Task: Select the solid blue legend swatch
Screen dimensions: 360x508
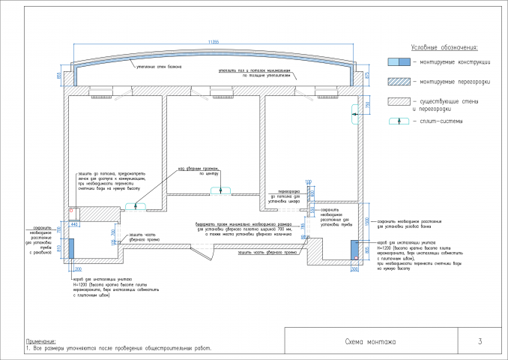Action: pos(398,61)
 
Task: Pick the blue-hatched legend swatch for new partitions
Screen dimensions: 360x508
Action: pos(398,81)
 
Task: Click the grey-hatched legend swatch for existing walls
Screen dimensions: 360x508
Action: pos(398,101)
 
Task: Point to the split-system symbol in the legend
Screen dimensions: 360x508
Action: pos(398,121)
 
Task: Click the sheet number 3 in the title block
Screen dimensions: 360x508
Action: pos(479,342)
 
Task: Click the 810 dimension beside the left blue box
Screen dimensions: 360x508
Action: pos(66,248)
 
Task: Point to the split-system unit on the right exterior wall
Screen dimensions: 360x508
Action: pos(354,113)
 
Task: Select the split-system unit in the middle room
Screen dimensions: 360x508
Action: pos(220,190)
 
